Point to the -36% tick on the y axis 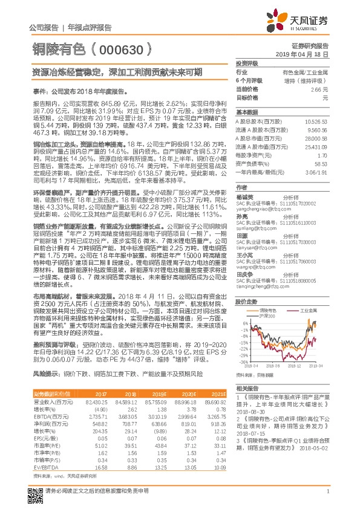243,362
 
